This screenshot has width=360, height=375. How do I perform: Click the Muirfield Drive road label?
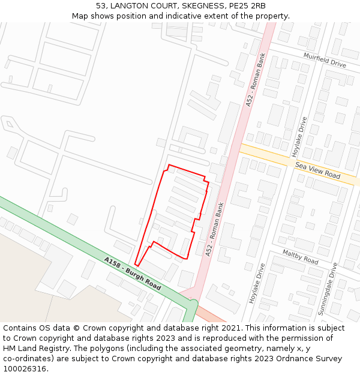[324, 60]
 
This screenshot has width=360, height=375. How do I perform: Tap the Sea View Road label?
[317, 170]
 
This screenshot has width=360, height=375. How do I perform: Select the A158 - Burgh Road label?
[132, 274]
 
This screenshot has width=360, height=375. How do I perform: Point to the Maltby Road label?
[300, 257]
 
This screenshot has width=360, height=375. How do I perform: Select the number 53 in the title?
[101, 6]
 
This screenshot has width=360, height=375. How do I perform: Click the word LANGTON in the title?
[130, 6]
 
